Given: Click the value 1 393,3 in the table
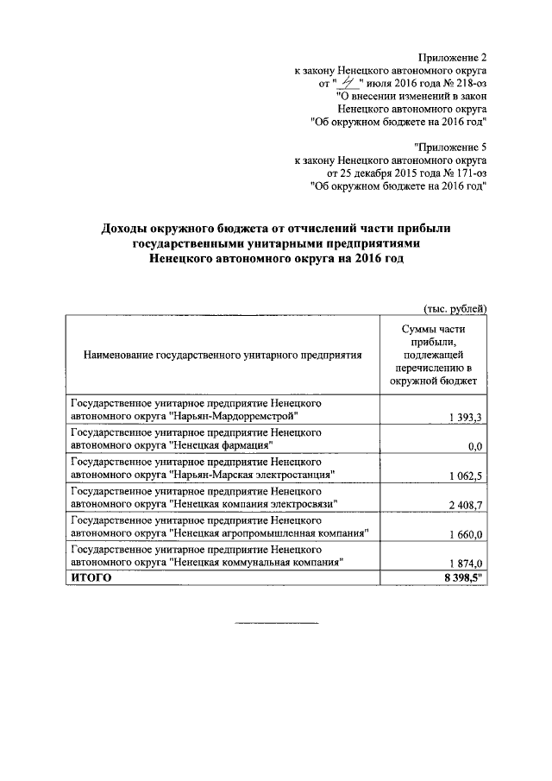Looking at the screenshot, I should coord(467,419).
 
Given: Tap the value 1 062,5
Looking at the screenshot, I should coord(467,475).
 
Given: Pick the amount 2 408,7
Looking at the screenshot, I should coord(467,503).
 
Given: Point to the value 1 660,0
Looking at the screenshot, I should coord(467,535).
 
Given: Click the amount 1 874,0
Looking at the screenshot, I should coord(467,564).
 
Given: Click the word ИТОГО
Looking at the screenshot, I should coord(91,578).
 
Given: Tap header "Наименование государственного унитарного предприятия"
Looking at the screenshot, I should coord(223,354).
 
